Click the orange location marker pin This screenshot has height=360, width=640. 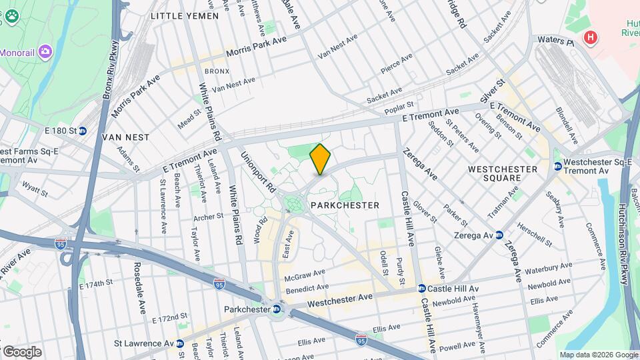(x=320, y=159)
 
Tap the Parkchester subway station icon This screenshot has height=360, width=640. (x=276, y=309)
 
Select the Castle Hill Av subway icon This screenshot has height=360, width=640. (x=421, y=289)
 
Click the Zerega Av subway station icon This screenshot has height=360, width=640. (x=499, y=235)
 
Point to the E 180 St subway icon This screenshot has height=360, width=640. (x=83, y=131)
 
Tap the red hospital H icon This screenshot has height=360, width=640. (x=589, y=38)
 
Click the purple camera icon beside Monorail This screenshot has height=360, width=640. (x=45, y=51)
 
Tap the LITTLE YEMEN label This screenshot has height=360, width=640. (x=185, y=15)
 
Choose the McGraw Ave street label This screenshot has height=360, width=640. (x=304, y=275)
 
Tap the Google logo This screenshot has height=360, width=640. (x=21, y=351)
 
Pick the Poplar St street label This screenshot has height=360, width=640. (x=399, y=105)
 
